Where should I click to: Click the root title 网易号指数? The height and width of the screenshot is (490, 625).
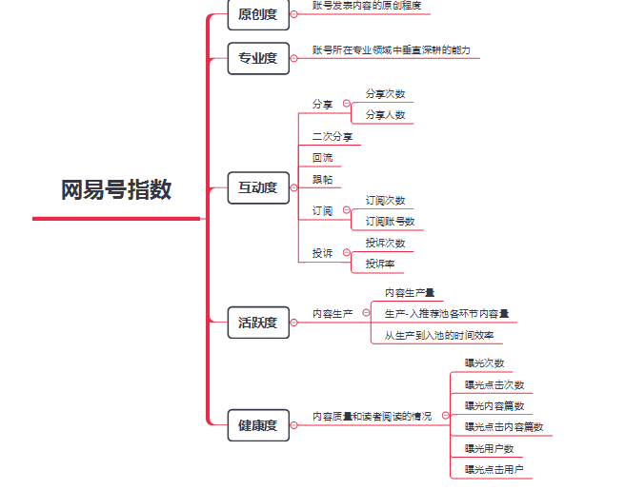[x=116, y=189]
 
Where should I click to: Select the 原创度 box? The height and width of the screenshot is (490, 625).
[x=258, y=14]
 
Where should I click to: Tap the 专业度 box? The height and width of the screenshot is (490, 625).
[x=258, y=58]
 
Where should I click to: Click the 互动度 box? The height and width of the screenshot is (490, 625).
[x=258, y=187]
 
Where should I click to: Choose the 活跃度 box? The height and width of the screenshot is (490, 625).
[x=258, y=323]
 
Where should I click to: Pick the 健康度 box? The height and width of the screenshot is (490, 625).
[x=258, y=425]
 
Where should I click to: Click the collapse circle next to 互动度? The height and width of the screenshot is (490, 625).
[x=294, y=187]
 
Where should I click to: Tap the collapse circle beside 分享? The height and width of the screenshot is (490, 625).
[x=347, y=104]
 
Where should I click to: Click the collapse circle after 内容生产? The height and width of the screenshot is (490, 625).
[x=366, y=313]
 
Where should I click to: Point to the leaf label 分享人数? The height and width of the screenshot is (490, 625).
[x=386, y=115]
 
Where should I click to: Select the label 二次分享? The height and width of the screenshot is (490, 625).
[x=333, y=136]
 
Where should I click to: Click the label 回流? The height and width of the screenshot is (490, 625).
[x=322, y=158]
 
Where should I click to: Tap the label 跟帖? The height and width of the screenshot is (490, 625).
[x=322, y=180]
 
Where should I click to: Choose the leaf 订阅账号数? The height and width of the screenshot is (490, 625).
[x=391, y=222]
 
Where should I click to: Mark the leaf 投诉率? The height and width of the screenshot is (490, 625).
[x=380, y=264]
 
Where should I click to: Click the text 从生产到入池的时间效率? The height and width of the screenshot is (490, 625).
[x=439, y=336]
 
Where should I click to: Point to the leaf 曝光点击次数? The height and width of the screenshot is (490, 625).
[x=494, y=385]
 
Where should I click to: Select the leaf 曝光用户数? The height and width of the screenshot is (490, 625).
[x=490, y=449]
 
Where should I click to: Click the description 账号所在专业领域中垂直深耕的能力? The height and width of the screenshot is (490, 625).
[x=392, y=50]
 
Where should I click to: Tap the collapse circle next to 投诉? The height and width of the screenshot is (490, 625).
[x=347, y=252]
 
